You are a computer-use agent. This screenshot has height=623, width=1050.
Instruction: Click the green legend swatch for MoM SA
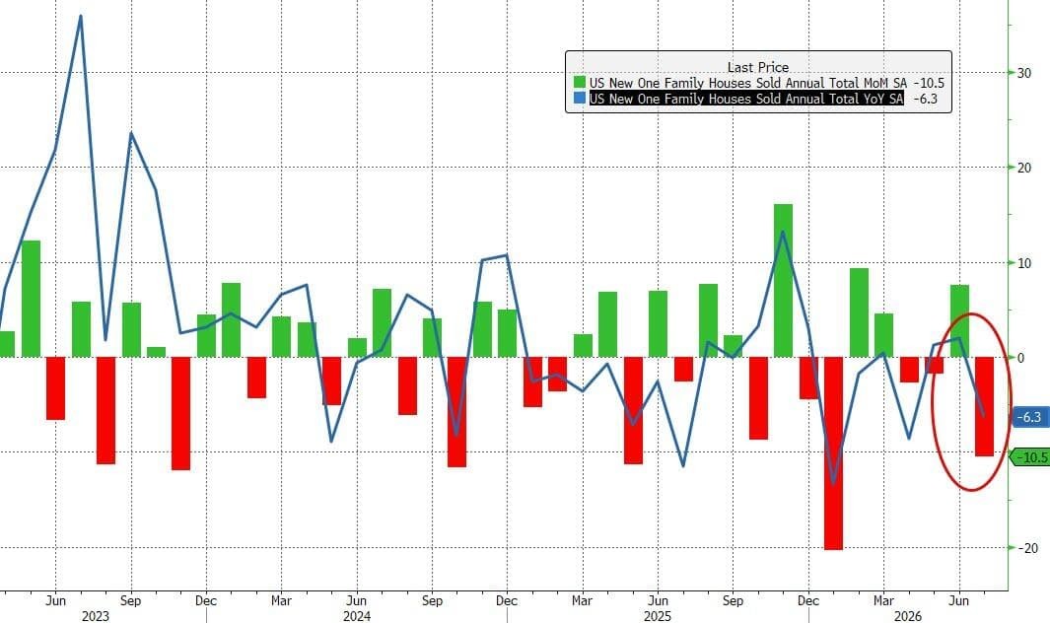point(580,83)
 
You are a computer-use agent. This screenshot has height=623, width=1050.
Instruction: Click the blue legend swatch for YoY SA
point(580,99)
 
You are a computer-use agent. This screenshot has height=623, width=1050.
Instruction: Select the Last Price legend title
point(758,67)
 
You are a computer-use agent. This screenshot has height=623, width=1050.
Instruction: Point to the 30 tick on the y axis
point(1024,72)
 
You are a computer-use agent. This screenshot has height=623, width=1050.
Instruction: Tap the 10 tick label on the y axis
point(1024,262)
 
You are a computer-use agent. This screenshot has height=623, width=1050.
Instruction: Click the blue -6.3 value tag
point(1029,417)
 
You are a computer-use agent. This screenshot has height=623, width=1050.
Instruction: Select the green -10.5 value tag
point(1030,456)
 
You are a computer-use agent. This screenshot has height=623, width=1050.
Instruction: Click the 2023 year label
point(95,616)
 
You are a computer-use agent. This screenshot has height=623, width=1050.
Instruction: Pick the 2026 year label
point(908,616)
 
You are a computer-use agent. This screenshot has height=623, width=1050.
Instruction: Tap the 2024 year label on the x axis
point(356,616)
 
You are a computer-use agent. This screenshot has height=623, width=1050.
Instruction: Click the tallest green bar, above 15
point(783,281)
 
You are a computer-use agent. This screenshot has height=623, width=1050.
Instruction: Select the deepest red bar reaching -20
point(833,452)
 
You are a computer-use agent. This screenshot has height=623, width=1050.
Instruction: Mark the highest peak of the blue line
point(81,16)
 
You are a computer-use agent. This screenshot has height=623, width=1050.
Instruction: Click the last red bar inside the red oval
point(984,406)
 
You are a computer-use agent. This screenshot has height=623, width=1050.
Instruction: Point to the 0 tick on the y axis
point(1020,358)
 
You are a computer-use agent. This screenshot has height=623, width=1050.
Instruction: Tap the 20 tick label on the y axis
point(1024,168)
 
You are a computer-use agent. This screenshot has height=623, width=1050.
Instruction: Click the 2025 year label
point(658,616)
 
